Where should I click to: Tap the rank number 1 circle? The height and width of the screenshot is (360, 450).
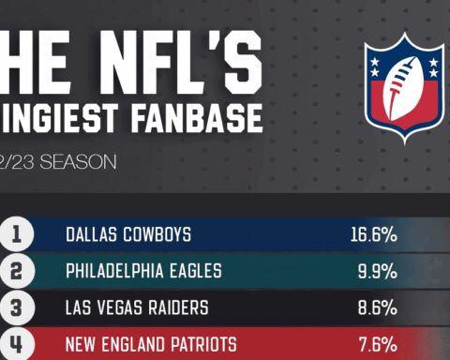click(x=16, y=234)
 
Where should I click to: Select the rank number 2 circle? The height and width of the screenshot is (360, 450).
click(x=16, y=271)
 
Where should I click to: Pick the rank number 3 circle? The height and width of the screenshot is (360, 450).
click(x=16, y=307)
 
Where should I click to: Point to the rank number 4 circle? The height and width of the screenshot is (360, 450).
click(x=16, y=343)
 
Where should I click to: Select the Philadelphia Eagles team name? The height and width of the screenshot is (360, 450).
click(x=143, y=272)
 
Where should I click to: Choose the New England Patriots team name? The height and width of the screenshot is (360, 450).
click(x=151, y=344)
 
